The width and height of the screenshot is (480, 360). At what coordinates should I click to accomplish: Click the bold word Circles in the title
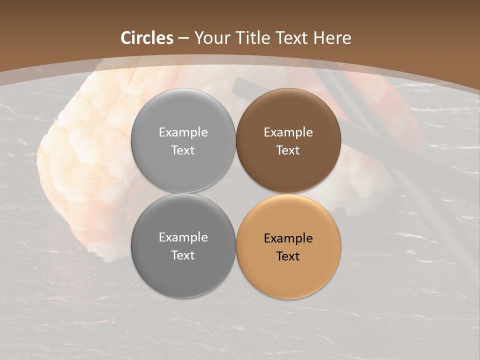[147, 38]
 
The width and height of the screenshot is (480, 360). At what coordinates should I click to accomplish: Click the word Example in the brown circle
[288, 132]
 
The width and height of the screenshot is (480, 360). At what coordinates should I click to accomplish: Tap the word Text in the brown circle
[288, 150]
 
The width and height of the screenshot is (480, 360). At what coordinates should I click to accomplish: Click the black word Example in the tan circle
[288, 238]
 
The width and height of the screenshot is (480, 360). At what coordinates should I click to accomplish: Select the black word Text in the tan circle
[288, 256]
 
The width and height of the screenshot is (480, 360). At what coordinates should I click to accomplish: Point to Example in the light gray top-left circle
[183, 132]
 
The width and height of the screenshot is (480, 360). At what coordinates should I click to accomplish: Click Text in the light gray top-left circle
[183, 150]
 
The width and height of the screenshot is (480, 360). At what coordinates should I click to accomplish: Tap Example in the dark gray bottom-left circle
[183, 237]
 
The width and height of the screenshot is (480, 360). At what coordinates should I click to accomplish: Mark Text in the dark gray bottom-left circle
[183, 255]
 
